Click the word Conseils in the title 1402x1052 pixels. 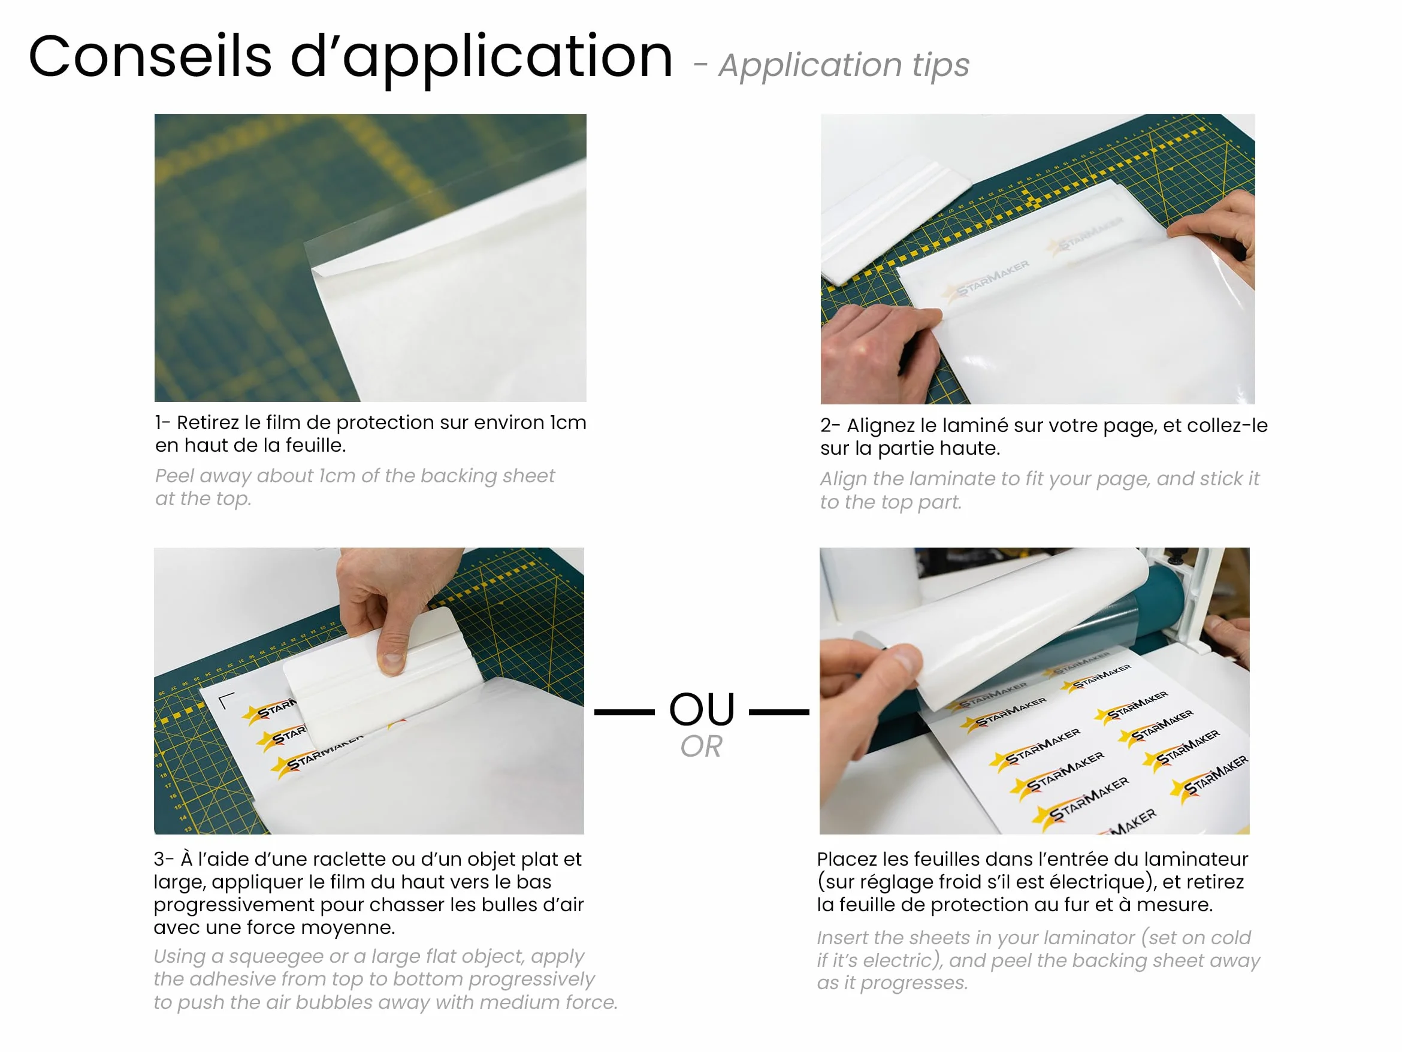pos(150,56)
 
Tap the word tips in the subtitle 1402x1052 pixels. pos(941,65)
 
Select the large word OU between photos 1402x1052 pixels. pos(702,709)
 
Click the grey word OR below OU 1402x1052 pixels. pos(701,746)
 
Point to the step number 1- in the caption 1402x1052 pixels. pos(162,423)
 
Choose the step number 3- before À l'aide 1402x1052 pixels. pos(164,859)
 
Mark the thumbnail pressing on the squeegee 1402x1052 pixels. pos(392,662)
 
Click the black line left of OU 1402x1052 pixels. pos(624,712)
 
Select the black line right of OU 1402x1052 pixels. pos(779,712)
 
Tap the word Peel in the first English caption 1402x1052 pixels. pos(173,476)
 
